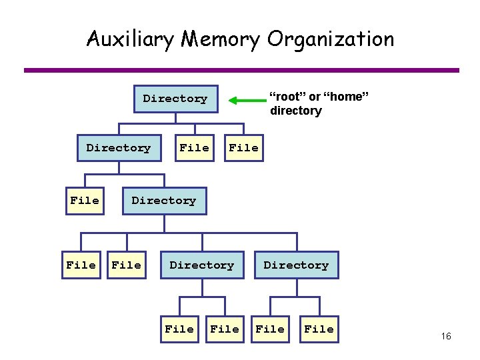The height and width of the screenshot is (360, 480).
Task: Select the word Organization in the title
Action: (x=331, y=39)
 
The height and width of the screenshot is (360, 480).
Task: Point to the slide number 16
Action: (x=446, y=336)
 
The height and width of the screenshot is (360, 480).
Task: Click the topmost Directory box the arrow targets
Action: (x=175, y=99)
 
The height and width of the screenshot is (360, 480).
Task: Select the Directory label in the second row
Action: (x=119, y=148)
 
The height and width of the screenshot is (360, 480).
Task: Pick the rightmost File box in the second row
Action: (x=243, y=148)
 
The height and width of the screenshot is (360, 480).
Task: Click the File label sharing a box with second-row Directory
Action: (x=194, y=148)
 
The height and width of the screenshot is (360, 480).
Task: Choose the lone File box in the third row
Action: (x=85, y=201)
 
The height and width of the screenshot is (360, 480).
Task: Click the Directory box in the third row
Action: (x=164, y=201)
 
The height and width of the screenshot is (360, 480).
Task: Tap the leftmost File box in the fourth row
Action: (x=81, y=265)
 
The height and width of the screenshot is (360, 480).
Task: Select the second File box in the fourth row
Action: (x=127, y=265)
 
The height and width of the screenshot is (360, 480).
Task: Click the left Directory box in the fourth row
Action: (x=202, y=265)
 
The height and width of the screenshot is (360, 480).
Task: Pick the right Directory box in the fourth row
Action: (x=296, y=265)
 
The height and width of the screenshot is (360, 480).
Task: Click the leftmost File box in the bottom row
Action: (x=179, y=329)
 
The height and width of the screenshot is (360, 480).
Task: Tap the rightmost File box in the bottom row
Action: (x=319, y=329)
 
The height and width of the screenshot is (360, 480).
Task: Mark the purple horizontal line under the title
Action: (x=241, y=70)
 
